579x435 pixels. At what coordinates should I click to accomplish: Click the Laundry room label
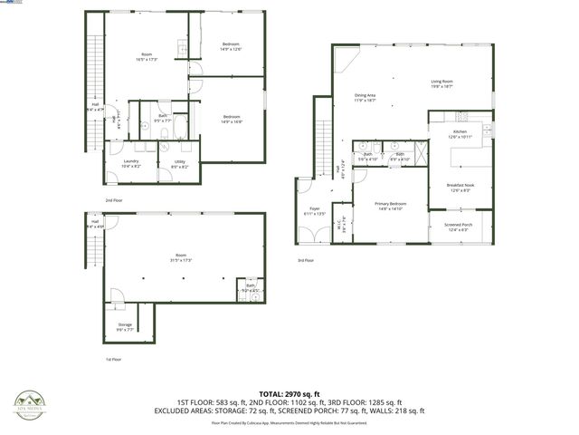[131, 163]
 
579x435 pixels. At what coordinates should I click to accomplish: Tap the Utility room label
[179, 163]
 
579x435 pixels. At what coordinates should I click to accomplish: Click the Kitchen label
[460, 134]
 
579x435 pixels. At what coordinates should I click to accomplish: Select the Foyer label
[315, 211]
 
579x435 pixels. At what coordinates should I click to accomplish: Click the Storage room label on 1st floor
[125, 327]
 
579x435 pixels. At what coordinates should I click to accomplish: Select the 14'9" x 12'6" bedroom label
[232, 47]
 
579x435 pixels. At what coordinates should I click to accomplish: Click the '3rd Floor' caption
[306, 260]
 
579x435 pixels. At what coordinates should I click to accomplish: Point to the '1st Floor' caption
[113, 359]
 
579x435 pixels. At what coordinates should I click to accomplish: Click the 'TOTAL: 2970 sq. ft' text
[289, 394]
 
